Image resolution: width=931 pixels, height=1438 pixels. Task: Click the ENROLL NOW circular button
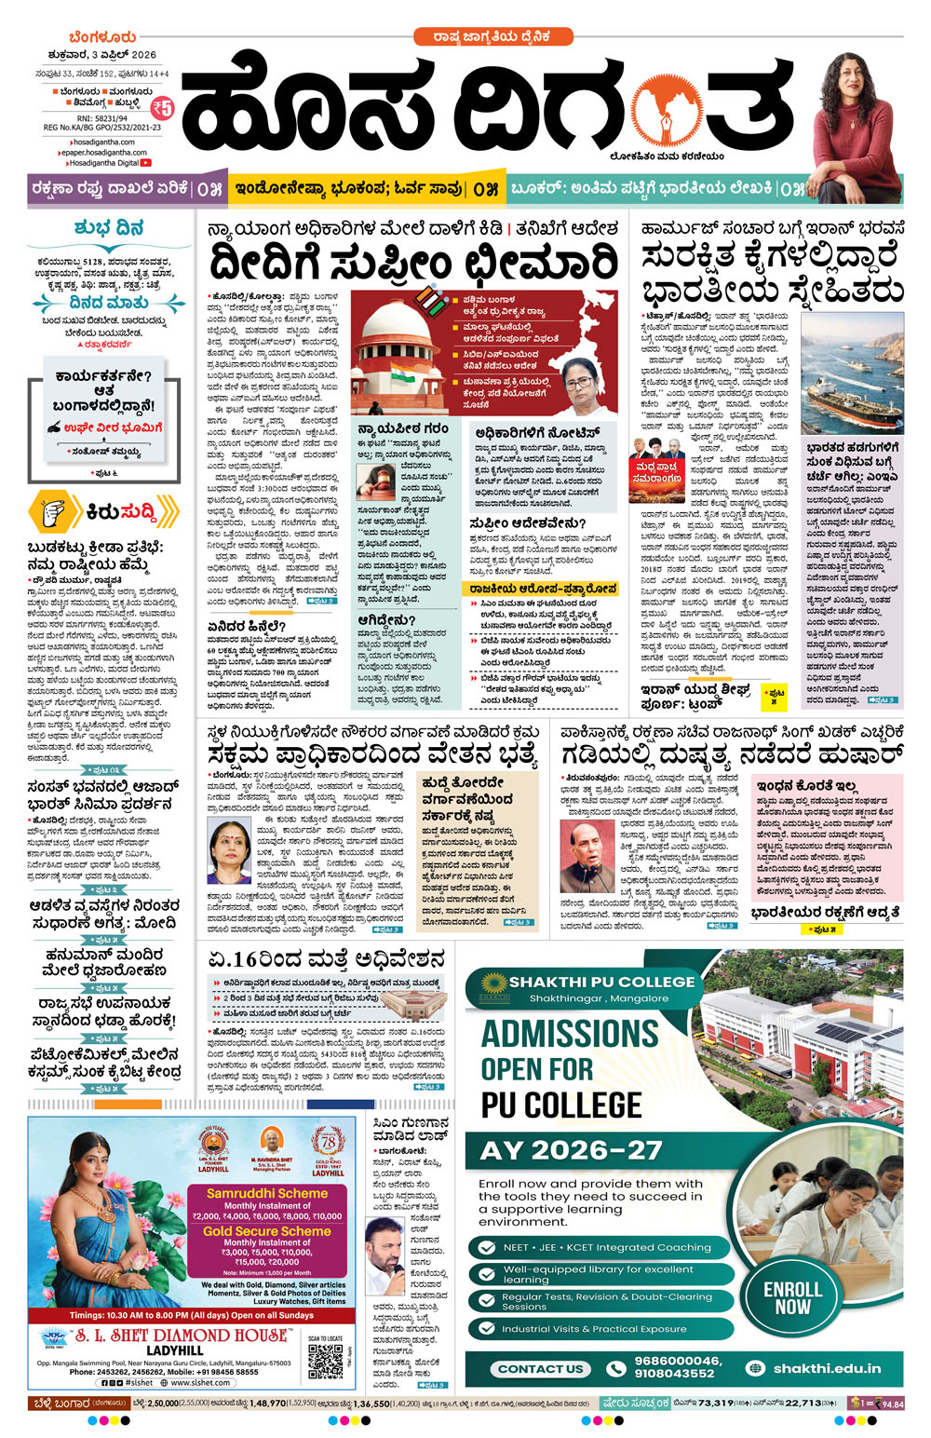click(792, 1297)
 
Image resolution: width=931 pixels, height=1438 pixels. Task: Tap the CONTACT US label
click(540, 1368)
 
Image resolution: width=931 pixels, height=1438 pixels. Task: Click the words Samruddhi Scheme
click(267, 1192)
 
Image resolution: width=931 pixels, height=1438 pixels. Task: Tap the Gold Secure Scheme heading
click(267, 1230)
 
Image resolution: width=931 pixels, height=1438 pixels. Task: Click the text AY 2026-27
click(571, 1150)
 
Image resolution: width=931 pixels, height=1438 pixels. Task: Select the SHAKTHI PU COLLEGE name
click(601, 982)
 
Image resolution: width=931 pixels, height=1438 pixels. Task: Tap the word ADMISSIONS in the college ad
click(569, 1034)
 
